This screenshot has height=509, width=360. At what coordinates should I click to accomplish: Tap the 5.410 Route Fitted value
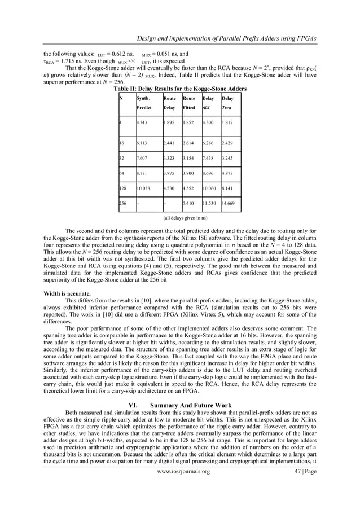click(190, 202)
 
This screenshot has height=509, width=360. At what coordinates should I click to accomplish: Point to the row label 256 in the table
click(123, 202)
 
